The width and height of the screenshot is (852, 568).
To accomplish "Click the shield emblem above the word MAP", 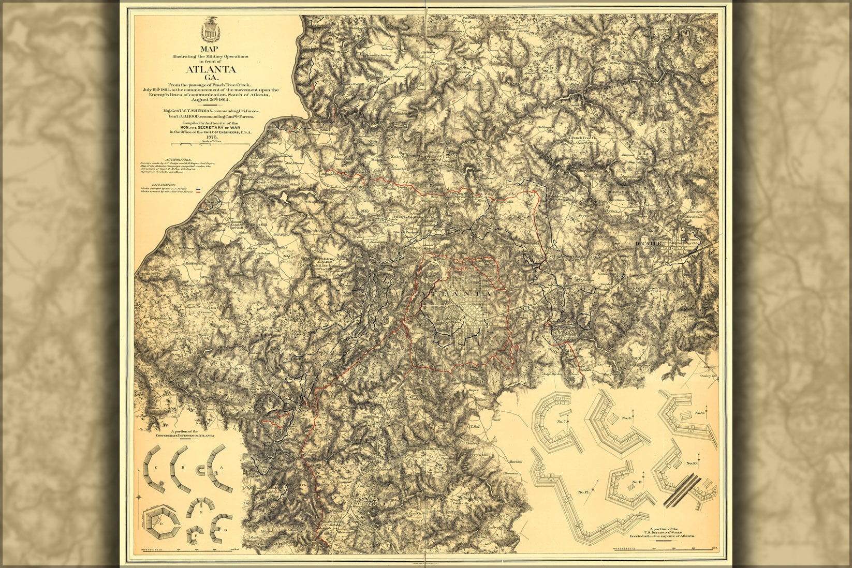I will (x=210, y=28).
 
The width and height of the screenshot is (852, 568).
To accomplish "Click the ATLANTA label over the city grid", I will (x=458, y=293).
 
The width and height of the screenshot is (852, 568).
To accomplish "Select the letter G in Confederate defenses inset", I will (x=225, y=530).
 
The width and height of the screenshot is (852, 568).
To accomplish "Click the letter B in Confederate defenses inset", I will (x=183, y=467).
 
